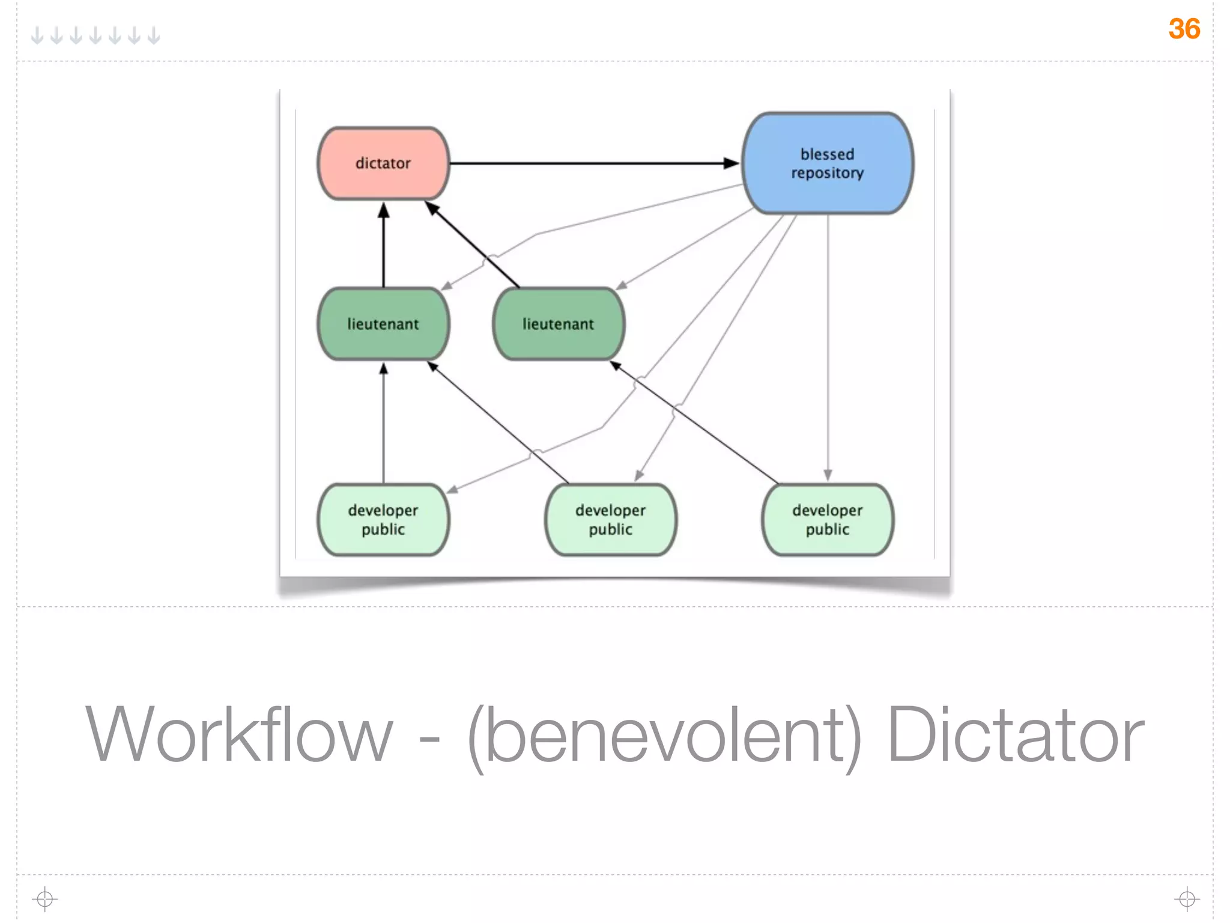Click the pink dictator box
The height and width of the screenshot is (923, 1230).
click(x=383, y=163)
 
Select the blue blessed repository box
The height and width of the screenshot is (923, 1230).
click(x=828, y=163)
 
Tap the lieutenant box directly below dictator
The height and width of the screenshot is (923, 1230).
click(x=383, y=324)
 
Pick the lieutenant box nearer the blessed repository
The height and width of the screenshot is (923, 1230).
click(x=558, y=324)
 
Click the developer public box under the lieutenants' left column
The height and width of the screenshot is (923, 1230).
click(x=383, y=520)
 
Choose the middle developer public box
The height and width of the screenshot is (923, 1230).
click(x=610, y=520)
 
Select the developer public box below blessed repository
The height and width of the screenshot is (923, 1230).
click(x=828, y=520)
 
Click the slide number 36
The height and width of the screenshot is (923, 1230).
click(x=1184, y=29)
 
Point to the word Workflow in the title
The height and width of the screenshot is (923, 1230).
click(x=238, y=735)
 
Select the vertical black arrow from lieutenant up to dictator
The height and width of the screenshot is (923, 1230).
click(x=384, y=246)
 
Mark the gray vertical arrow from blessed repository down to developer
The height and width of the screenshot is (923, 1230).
click(x=828, y=349)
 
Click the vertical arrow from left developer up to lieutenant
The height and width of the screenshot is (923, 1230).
click(x=384, y=424)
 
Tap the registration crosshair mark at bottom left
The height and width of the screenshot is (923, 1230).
click(x=45, y=899)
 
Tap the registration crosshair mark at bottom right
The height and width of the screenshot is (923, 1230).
click(x=1187, y=899)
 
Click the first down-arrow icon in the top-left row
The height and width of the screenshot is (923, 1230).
click(x=37, y=35)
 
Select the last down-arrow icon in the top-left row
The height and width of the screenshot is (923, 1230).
click(x=154, y=35)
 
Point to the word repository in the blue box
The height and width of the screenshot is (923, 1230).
click(x=827, y=173)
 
